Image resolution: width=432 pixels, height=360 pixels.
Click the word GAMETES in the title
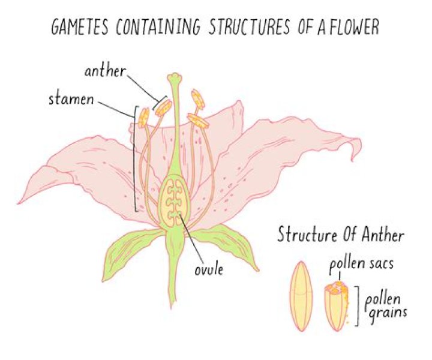pyautogui.click(x=79, y=27)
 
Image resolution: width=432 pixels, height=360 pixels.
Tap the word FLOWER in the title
pyautogui.click(x=354, y=27)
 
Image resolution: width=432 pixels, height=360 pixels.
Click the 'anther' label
pyautogui.click(x=105, y=71)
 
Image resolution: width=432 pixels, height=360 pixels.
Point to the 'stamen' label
pyautogui.click(x=71, y=99)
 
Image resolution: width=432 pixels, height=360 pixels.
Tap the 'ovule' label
pyautogui.click(x=209, y=269)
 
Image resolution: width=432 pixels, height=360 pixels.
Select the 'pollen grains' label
pyautogui.click(x=385, y=308)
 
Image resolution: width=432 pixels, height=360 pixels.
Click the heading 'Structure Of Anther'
pyautogui.click(x=341, y=236)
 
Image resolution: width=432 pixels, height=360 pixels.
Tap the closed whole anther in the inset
pyautogui.click(x=301, y=296)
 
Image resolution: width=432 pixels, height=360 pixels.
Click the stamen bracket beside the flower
pyautogui.click(x=135, y=158)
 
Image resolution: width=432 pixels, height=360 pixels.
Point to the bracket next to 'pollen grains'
pyautogui.click(x=358, y=306)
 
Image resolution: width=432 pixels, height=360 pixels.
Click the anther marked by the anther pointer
pyautogui.click(x=164, y=107)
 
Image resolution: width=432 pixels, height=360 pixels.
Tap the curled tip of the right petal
pyautogui.click(x=356, y=149)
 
